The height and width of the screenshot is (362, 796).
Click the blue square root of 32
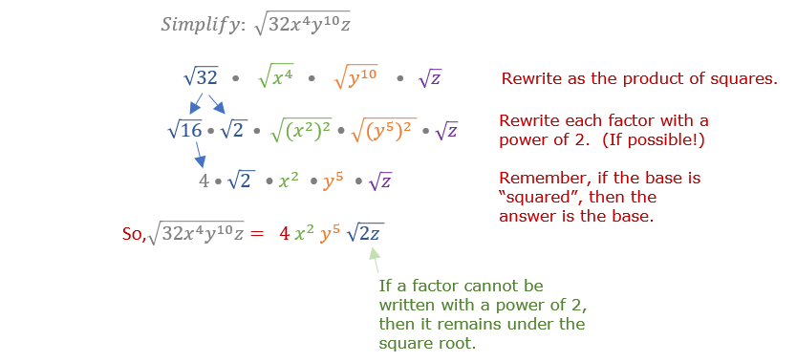[x=201, y=78]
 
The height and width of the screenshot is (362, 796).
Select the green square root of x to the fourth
[x=275, y=78]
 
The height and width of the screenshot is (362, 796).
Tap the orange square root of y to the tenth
[x=356, y=78]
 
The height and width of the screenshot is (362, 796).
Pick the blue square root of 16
[x=184, y=131]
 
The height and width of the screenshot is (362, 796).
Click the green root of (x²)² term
[x=300, y=131]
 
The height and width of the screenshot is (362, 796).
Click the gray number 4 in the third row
[x=204, y=181]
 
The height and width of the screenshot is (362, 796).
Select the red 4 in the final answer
[x=285, y=234]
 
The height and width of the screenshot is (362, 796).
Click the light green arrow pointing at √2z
[x=376, y=260]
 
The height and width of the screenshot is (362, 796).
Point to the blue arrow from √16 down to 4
[x=201, y=155]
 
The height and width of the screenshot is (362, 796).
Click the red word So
[x=133, y=233]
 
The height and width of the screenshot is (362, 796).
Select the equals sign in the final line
[x=257, y=234]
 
